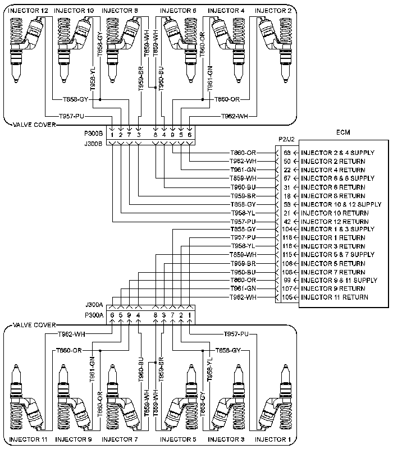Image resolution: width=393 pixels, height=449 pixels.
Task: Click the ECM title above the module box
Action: tap(343, 132)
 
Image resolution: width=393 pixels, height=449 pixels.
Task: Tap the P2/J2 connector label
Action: tap(286, 139)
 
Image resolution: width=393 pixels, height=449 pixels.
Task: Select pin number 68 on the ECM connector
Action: tap(287, 153)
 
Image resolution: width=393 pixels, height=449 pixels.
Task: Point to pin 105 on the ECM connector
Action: tap(287, 297)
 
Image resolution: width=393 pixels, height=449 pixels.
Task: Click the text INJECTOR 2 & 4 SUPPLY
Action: tap(338, 153)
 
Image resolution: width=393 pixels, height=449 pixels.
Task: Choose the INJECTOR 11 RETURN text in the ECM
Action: tap(335, 297)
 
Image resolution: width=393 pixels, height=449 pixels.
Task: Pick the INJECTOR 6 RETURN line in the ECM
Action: tap(333, 187)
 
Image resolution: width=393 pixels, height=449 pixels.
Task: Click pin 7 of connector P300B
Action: tap(129, 135)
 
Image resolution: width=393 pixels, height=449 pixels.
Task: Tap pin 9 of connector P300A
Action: tap(129, 315)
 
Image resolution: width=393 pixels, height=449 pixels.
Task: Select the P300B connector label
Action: tap(93, 134)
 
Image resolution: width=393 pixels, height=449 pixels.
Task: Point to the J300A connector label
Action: tap(94, 305)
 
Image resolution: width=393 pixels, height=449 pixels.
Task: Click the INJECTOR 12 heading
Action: tap(28, 11)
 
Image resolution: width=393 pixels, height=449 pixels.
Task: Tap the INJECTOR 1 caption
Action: tap(273, 439)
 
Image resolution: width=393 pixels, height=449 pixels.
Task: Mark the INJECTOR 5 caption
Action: tap(178, 439)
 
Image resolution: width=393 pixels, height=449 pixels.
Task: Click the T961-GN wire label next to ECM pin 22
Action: tap(243, 169)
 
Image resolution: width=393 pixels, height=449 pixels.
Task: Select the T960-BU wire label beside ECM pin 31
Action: tap(243, 187)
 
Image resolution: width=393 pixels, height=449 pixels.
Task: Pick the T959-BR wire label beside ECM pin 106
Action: tap(243, 263)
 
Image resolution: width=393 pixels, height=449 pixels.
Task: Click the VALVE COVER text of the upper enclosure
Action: tap(34, 125)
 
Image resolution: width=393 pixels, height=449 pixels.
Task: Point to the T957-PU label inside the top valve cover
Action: tap(72, 116)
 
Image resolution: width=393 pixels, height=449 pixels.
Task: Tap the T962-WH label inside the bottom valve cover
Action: tap(72, 334)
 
